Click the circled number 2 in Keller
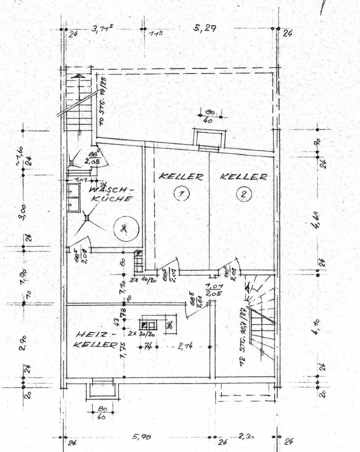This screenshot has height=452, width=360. tap(243, 194)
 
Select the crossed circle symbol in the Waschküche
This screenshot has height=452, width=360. tap(125, 229)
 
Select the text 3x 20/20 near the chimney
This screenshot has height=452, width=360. tap(143, 279)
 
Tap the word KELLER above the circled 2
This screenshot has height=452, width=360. tap(243, 177)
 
